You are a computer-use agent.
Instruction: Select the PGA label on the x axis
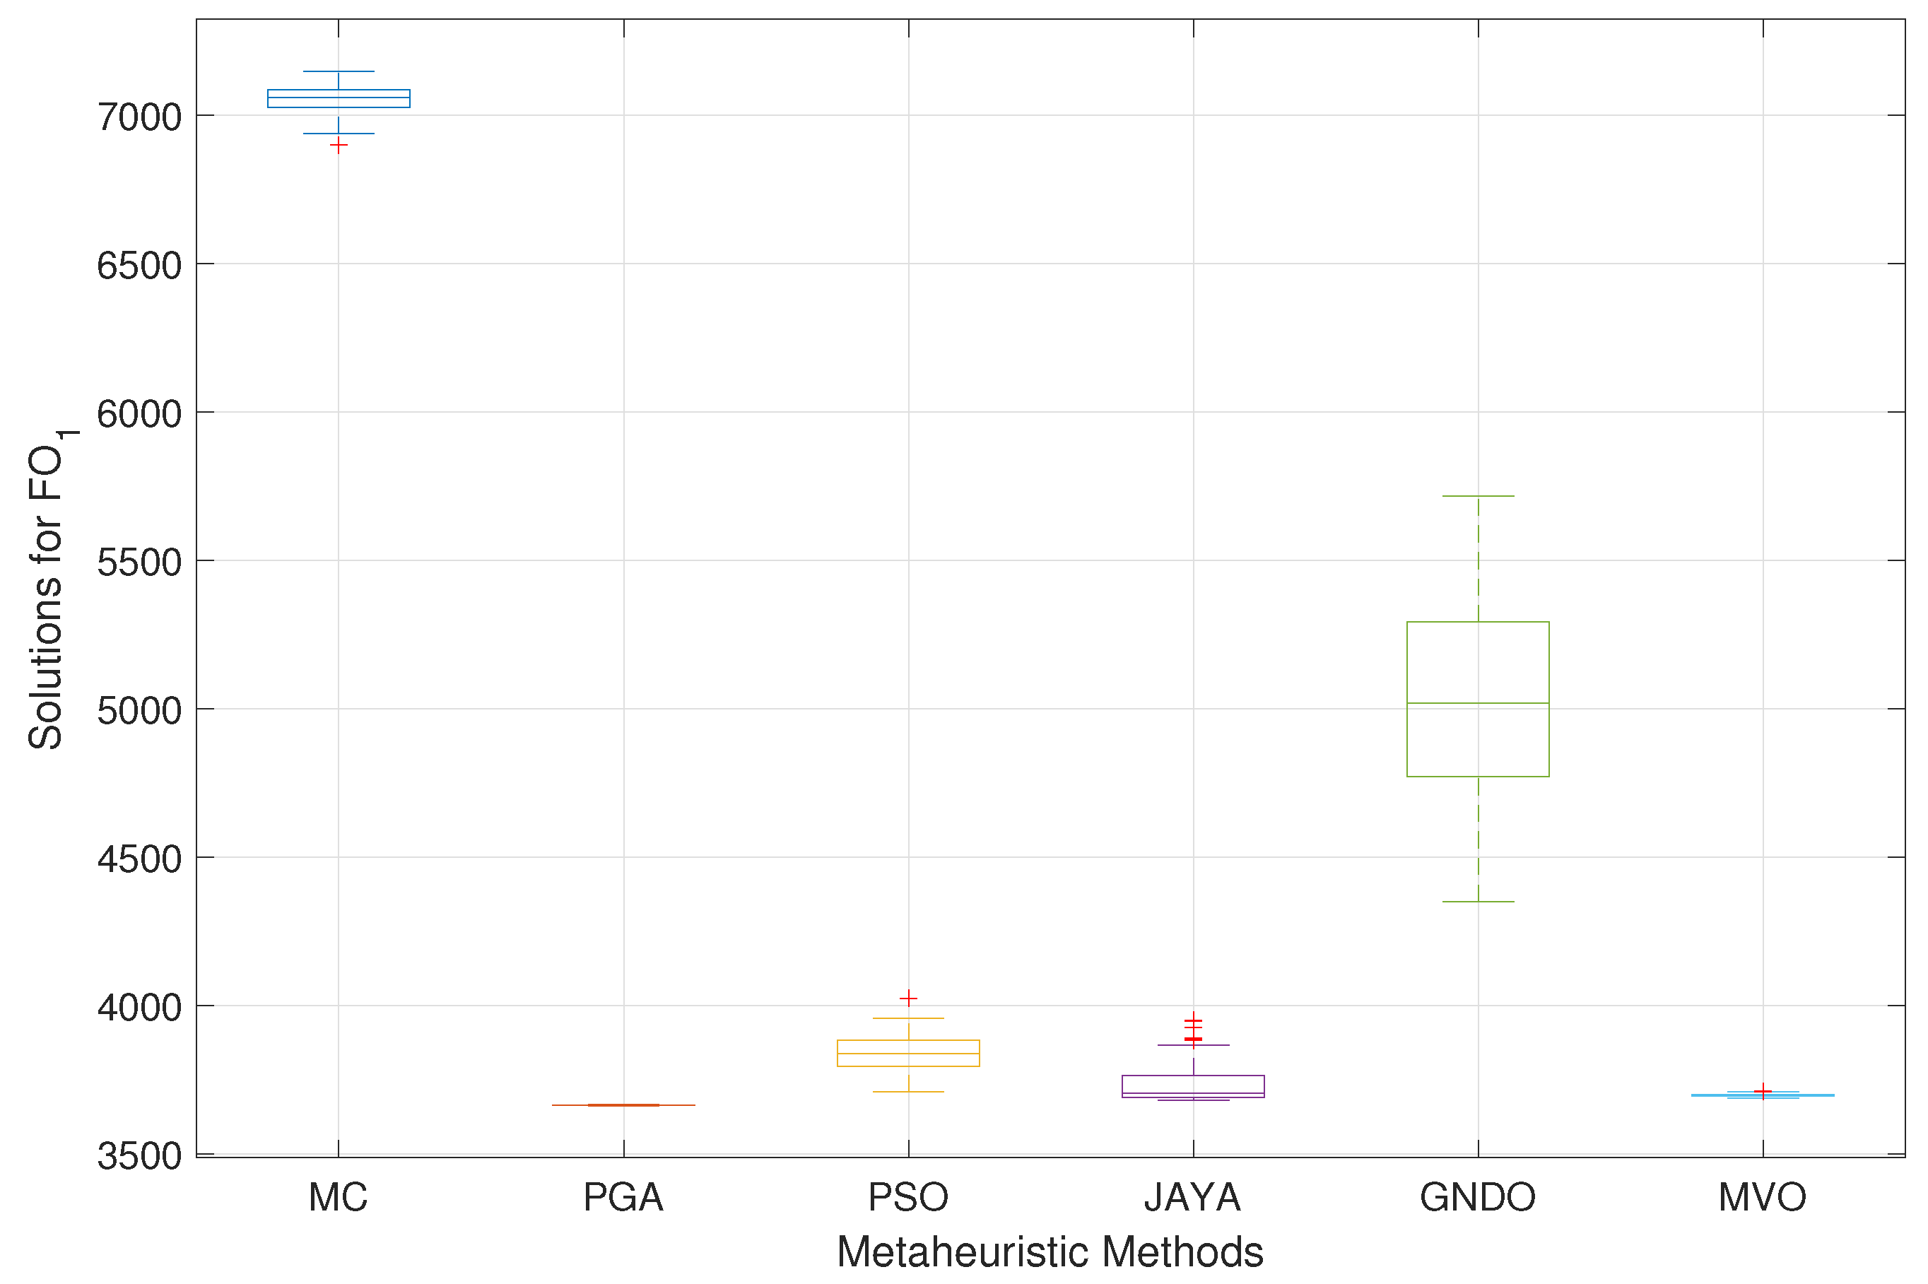[623, 1197]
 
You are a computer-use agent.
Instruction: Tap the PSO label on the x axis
[907, 1197]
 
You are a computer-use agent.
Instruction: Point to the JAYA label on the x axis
[1192, 1197]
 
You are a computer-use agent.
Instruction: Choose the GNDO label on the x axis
[1478, 1197]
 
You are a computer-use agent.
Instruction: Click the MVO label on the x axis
[1763, 1197]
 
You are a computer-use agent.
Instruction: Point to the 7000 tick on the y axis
[139, 117]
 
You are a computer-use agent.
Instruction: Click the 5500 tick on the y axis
[139, 563]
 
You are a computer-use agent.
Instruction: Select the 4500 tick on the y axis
[139, 859]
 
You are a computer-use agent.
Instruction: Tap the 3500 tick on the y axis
[139, 1155]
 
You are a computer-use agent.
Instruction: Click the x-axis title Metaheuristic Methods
[1050, 1252]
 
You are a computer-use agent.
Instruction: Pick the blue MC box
[339, 98]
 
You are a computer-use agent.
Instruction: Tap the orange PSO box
[907, 1053]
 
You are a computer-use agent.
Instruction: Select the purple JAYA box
[1192, 1086]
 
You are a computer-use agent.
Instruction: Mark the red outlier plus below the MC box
[339, 145]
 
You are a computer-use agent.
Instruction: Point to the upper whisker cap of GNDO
[1478, 496]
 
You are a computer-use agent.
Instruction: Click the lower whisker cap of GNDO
[1478, 902]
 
